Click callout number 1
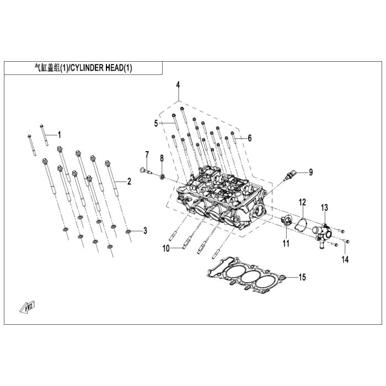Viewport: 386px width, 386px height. (x=60, y=134)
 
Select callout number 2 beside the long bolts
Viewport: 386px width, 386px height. (x=129, y=181)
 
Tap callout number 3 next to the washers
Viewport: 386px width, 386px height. (x=144, y=230)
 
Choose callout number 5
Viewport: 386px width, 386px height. (x=156, y=122)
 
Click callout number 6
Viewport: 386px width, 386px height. (x=249, y=138)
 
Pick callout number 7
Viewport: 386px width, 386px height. (x=147, y=153)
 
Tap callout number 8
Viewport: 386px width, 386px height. (x=162, y=158)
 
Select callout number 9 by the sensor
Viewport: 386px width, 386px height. (x=310, y=172)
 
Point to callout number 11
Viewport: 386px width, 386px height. (x=286, y=243)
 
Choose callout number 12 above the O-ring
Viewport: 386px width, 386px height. (x=302, y=202)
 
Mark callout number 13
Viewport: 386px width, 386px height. (x=325, y=207)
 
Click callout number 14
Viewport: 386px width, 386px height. (x=345, y=259)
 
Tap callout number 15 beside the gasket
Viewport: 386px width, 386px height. (x=302, y=277)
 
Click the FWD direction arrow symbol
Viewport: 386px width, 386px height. (x=26, y=306)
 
